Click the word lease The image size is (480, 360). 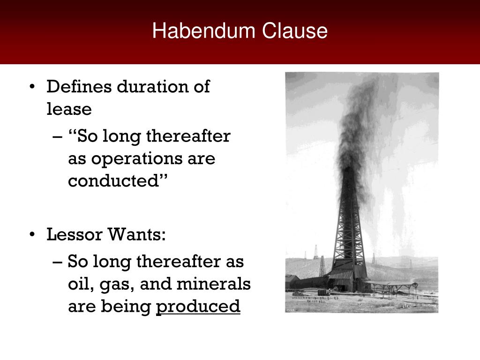point(69,109)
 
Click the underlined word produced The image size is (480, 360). point(198,307)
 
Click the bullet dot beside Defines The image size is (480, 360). point(32,87)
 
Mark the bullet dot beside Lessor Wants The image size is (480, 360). point(32,234)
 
